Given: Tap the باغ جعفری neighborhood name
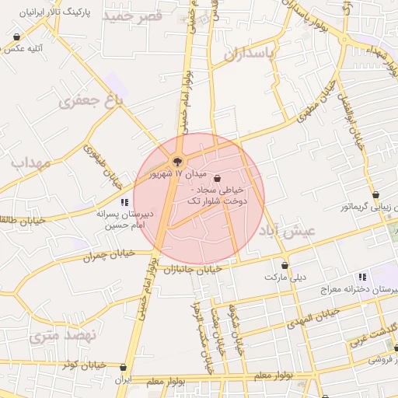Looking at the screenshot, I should [x=92, y=101].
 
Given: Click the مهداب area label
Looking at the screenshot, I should [x=30, y=163].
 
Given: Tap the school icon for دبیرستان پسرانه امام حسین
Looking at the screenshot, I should [x=124, y=202].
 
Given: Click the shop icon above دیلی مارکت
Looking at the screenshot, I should [x=285, y=265].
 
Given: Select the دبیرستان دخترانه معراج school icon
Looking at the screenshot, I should [x=361, y=277].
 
